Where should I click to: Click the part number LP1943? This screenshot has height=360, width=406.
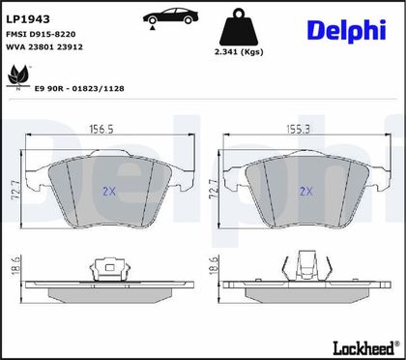(x=28, y=19)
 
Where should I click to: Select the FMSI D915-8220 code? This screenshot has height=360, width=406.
(x=41, y=34)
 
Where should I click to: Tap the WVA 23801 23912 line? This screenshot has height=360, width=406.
(x=44, y=47)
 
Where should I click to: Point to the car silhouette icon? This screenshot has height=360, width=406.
(x=170, y=16)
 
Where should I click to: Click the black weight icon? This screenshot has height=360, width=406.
(x=239, y=27)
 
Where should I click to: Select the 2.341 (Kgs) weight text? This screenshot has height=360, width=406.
(x=239, y=52)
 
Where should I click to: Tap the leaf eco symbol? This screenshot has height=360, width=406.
(x=18, y=77)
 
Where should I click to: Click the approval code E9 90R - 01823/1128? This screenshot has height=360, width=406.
(x=79, y=89)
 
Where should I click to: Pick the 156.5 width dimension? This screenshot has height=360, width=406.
(x=101, y=129)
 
